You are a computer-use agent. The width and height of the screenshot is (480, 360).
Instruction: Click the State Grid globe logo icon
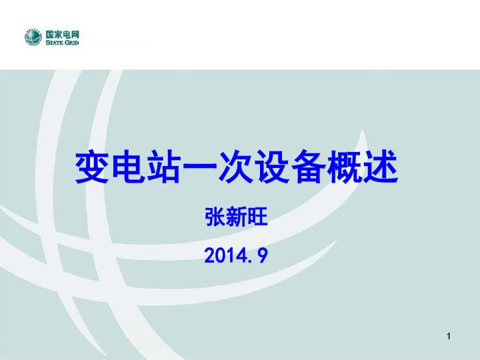(33, 37)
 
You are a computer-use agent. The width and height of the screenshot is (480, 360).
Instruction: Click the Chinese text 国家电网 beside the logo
(63, 34)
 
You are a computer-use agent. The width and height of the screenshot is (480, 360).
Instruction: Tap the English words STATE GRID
(63, 43)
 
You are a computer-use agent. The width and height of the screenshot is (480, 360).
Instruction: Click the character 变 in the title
(91, 167)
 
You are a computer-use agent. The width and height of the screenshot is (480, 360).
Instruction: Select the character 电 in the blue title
(128, 167)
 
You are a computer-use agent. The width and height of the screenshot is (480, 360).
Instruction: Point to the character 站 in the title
(163, 167)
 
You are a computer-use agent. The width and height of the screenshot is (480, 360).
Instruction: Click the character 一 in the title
(199, 168)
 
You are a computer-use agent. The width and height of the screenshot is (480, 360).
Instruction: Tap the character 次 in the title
(236, 167)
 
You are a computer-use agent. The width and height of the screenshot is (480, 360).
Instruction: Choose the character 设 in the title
(272, 167)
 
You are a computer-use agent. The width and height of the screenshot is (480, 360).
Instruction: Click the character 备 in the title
(308, 167)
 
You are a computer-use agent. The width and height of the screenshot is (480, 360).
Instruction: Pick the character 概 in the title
(344, 167)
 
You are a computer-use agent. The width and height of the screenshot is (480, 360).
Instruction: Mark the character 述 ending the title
(380, 167)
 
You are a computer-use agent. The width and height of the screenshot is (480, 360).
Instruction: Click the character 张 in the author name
(215, 217)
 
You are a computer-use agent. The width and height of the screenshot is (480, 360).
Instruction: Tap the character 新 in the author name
(236, 217)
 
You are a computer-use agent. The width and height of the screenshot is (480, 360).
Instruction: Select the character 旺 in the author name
(257, 217)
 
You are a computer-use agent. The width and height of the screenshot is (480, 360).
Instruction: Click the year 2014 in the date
(225, 255)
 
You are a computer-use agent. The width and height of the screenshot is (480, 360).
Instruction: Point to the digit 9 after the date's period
(263, 256)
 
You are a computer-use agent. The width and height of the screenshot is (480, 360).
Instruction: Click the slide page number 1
(449, 336)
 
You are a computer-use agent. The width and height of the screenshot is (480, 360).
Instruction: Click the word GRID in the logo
(71, 43)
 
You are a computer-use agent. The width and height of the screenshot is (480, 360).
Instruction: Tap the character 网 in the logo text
(75, 34)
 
